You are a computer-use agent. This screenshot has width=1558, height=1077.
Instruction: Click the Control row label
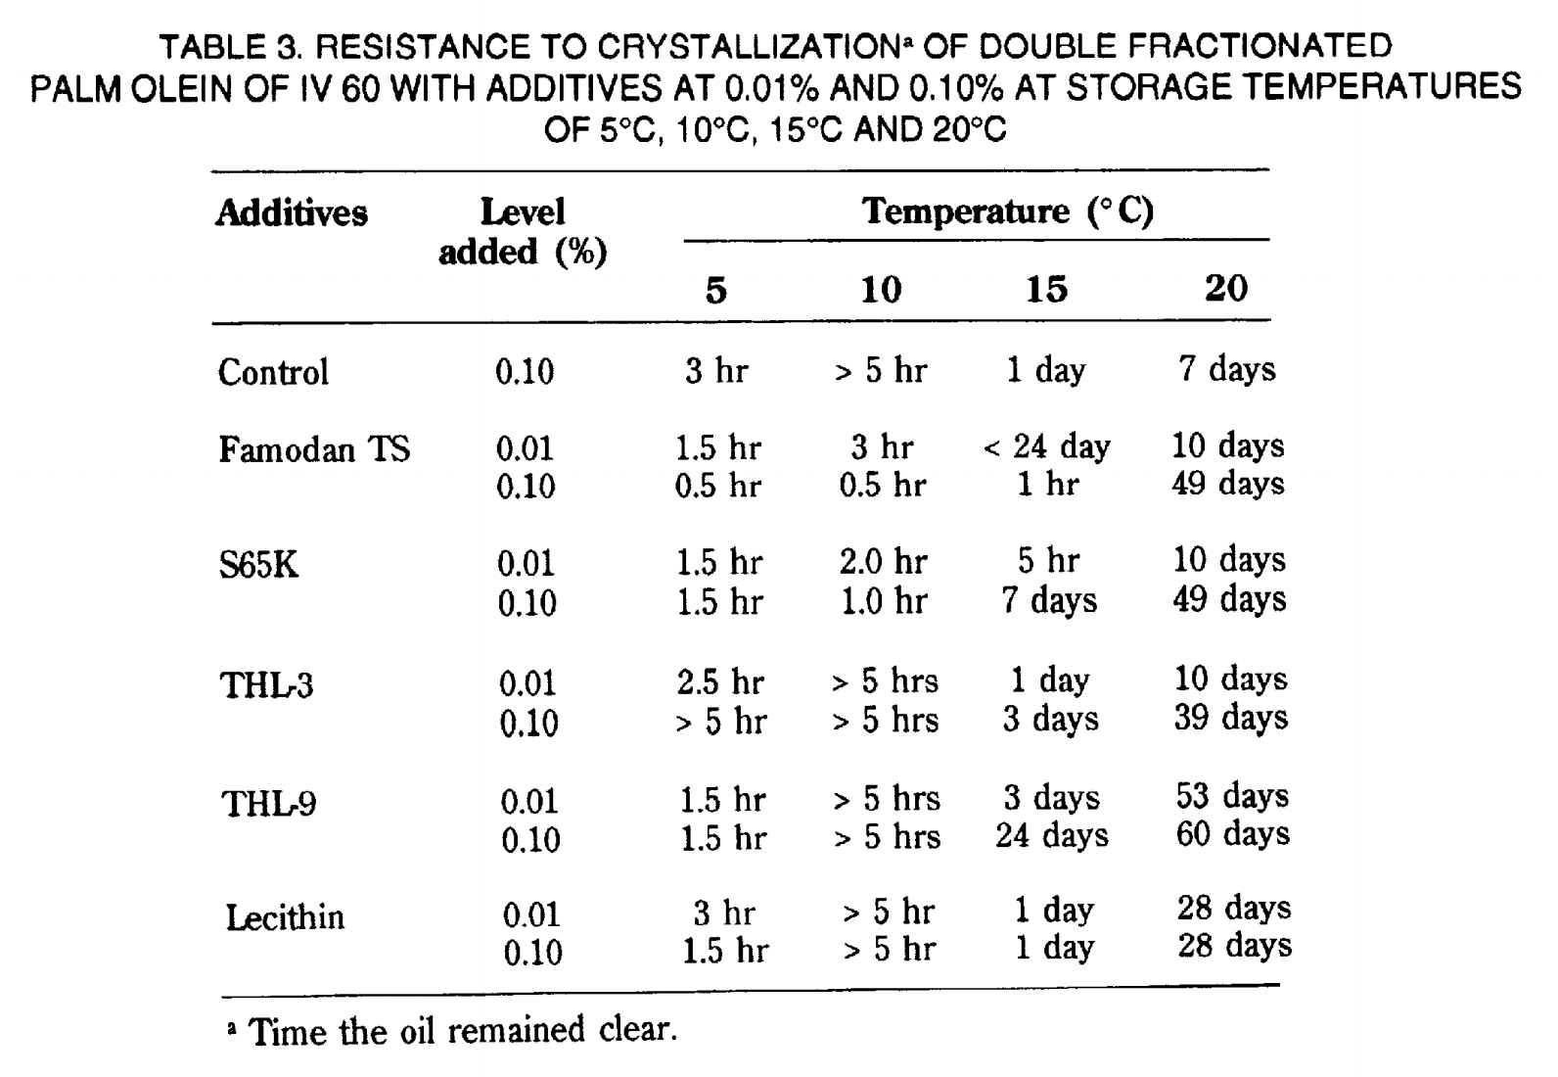[273, 372]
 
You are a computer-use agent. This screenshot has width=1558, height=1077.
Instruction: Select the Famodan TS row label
[314, 448]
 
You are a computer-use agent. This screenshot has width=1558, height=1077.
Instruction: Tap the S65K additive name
[258, 564]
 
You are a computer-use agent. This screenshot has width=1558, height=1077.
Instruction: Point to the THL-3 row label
[267, 684]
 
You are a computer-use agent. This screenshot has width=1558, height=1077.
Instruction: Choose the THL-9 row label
[269, 804]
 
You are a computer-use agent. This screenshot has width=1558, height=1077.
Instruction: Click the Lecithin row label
[285, 917]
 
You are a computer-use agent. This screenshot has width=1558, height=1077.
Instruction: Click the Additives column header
[292, 212]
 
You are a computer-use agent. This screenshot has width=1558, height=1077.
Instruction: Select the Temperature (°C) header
[1008, 211]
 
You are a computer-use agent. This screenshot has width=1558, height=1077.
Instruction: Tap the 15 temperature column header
[1047, 289]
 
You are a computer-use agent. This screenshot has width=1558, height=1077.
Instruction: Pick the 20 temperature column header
[1226, 288]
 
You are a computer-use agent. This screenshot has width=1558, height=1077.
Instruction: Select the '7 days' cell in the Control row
[1227, 369]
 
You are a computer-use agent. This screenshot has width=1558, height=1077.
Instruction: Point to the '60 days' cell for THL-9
[1233, 834]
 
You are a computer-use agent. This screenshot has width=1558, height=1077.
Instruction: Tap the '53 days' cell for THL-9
[1232, 796]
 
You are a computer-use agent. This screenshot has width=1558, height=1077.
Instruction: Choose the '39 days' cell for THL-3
[1231, 718]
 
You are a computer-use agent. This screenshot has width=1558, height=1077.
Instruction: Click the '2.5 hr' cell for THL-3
[720, 682]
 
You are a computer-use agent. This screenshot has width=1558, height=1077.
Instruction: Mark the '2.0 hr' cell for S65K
[884, 562]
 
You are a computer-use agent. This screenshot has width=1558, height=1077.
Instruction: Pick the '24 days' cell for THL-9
[1052, 835]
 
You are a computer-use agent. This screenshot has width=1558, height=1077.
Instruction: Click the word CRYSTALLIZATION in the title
[749, 47]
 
